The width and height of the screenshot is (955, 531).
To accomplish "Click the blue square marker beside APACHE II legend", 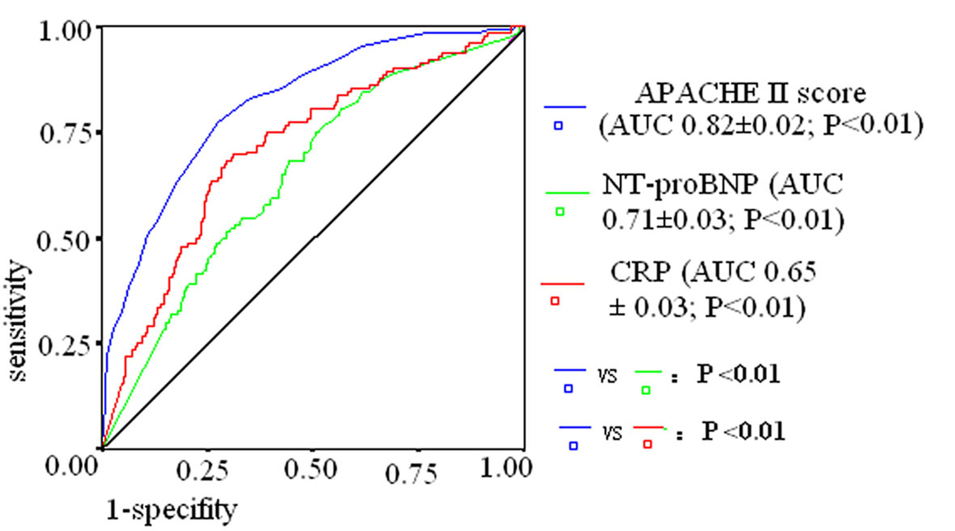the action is (558, 126).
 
